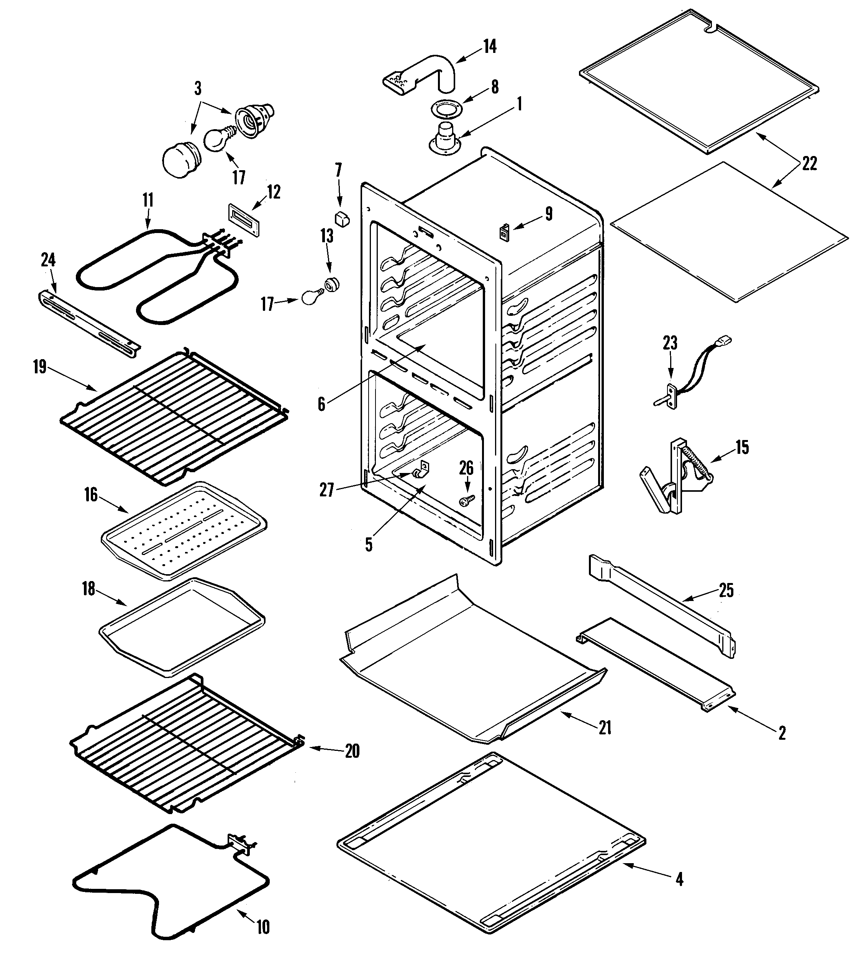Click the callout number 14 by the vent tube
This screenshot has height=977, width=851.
click(490, 46)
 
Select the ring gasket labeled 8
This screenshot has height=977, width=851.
click(446, 109)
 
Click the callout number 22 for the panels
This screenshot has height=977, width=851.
click(809, 164)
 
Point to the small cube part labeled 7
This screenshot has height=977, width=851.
click(342, 219)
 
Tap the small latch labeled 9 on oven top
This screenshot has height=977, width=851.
click(503, 233)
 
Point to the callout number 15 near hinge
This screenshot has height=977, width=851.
click(742, 447)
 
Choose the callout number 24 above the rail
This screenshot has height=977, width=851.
click(48, 260)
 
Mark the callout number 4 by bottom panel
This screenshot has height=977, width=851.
click(680, 879)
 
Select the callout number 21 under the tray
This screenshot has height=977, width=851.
click(605, 727)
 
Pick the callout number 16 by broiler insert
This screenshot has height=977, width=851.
click(91, 495)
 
